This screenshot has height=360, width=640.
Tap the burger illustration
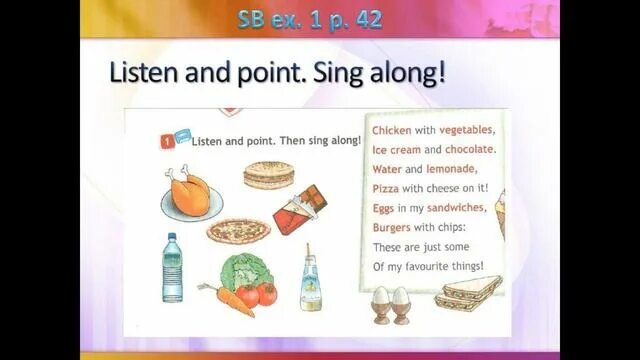pyautogui.click(x=268, y=176)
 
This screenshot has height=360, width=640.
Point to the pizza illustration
pyautogui.click(x=238, y=232)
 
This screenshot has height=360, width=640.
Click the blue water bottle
pyautogui.click(x=172, y=268)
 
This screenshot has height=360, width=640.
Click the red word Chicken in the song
pyautogui.click(x=391, y=131)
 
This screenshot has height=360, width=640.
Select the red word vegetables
pyautogui.click(x=466, y=131)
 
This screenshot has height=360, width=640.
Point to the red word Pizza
pyautogui.click(x=387, y=188)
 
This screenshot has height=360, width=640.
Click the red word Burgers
pyautogui.click(x=395, y=227)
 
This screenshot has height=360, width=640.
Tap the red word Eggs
pyautogui.click(x=384, y=208)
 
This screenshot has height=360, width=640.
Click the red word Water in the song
pyautogui.click(x=387, y=169)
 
